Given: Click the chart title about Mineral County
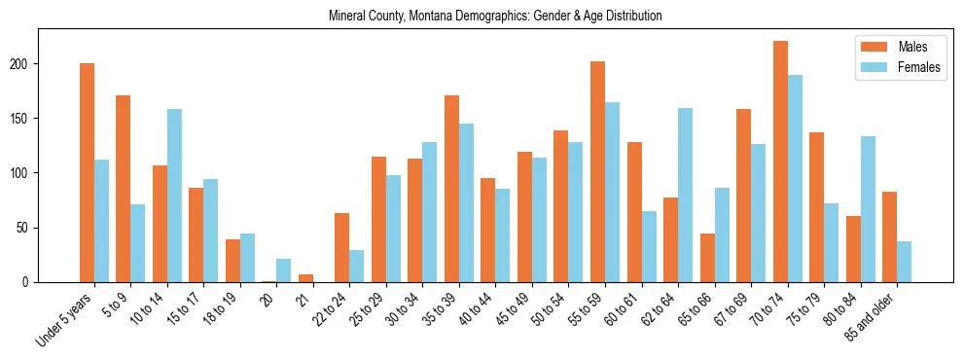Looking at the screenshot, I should (495, 17).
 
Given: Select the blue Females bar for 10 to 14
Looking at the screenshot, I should (174, 196).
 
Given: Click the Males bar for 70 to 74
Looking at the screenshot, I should (780, 162).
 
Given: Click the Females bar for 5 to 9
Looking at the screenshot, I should (137, 243).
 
